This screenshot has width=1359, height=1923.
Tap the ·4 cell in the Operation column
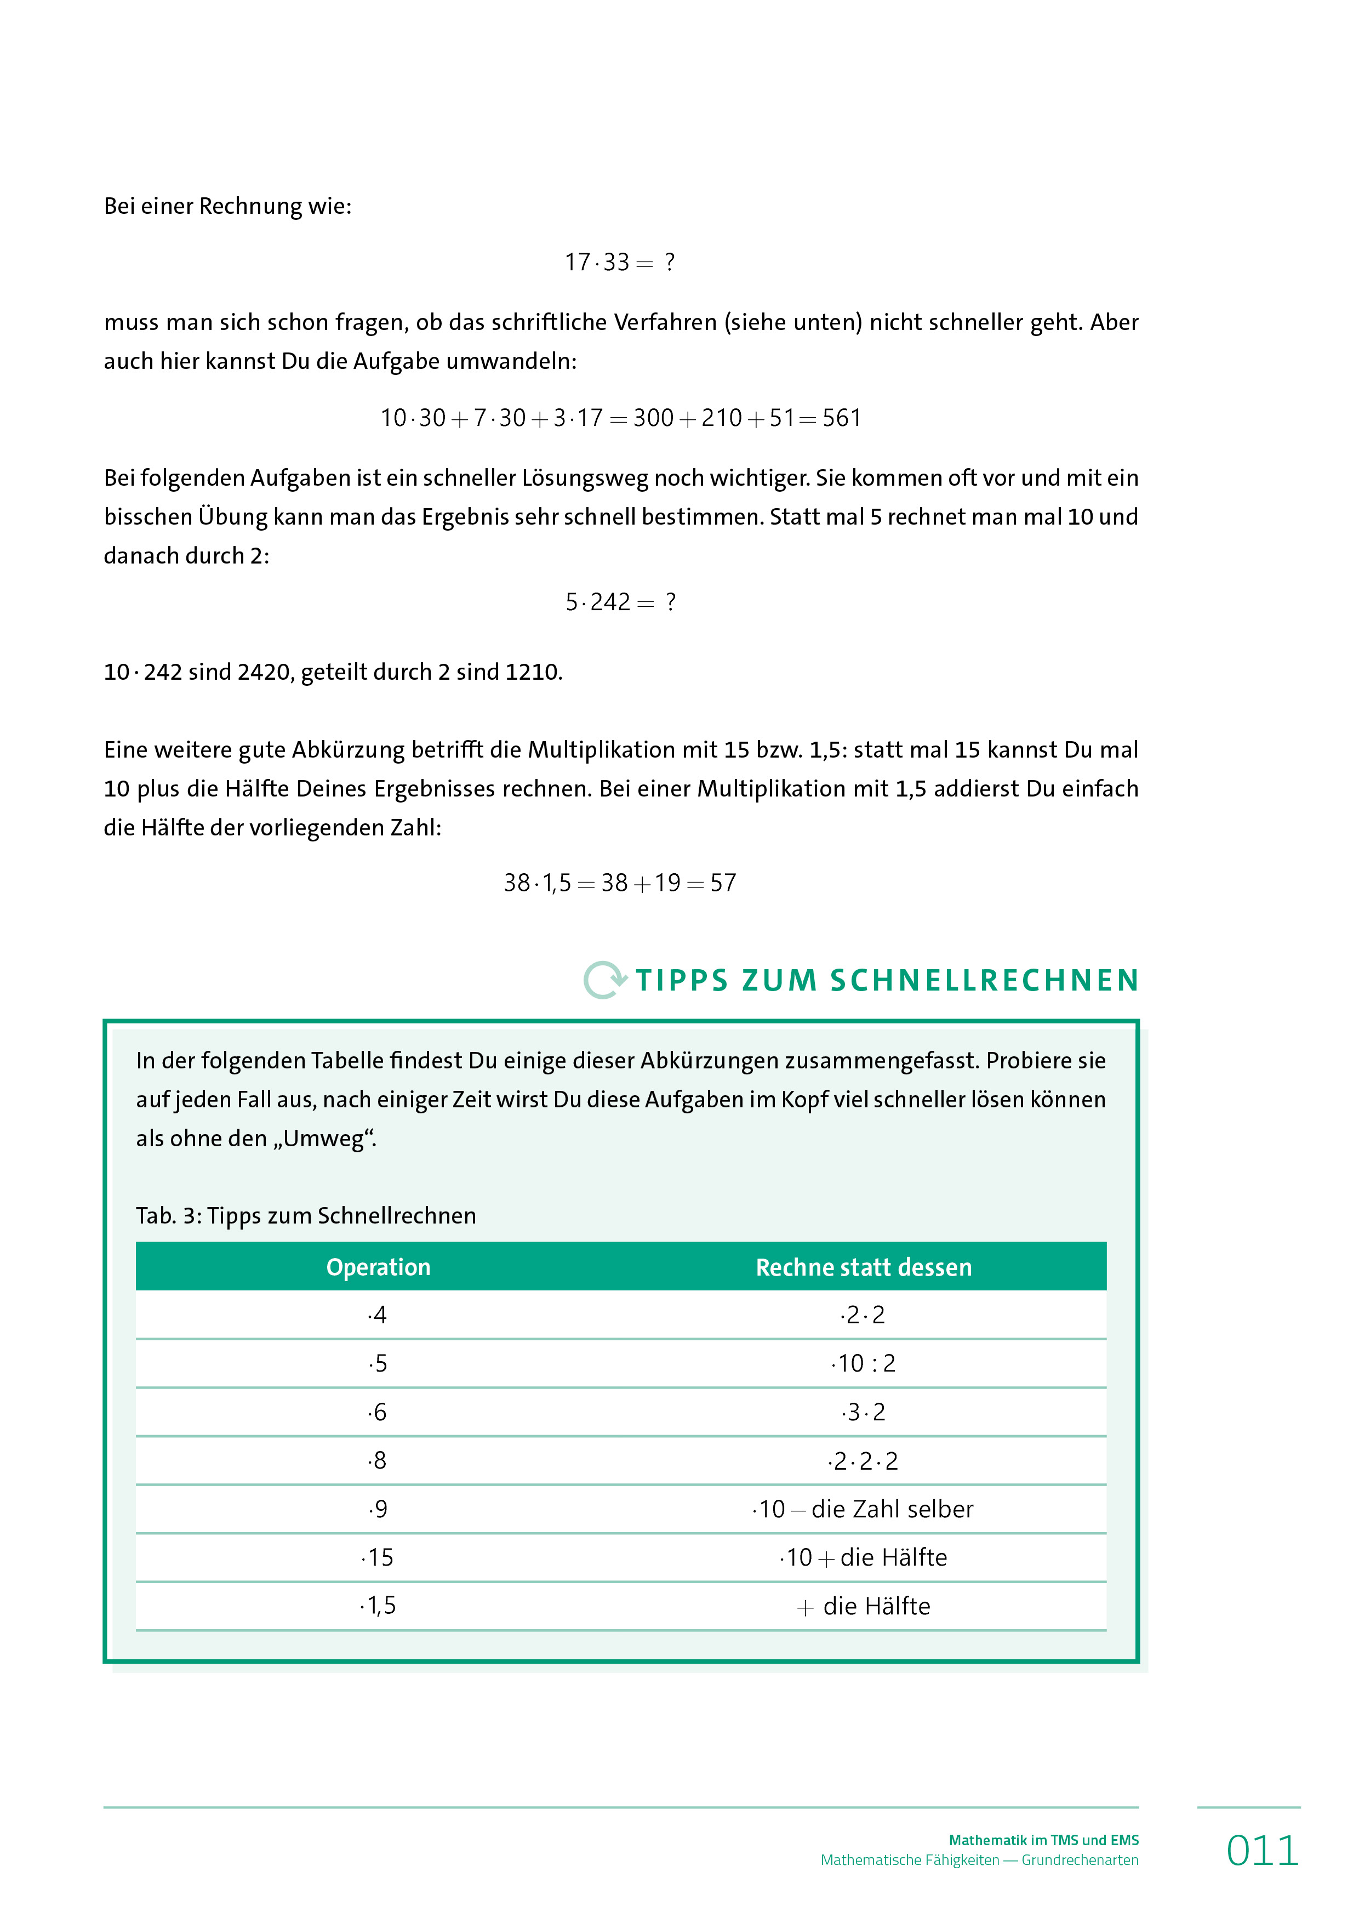coord(378,1315)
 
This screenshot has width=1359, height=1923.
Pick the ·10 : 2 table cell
coord(863,1363)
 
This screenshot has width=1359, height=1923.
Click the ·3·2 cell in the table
coord(863,1412)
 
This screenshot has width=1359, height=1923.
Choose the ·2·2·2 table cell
coord(863,1461)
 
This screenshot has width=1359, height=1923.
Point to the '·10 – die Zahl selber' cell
coord(863,1509)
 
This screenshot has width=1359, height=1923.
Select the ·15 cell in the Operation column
coord(378,1558)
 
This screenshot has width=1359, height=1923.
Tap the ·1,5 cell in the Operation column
coord(378,1606)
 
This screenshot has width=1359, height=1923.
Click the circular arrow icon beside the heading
coord(604,979)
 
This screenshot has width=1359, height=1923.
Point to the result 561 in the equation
coord(842,418)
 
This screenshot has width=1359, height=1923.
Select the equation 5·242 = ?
coord(620,602)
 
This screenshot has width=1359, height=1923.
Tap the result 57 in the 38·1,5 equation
coord(723,883)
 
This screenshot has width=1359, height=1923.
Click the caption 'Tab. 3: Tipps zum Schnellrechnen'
coord(306,1215)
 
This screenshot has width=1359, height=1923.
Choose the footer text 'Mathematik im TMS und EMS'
coord(1043,1840)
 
